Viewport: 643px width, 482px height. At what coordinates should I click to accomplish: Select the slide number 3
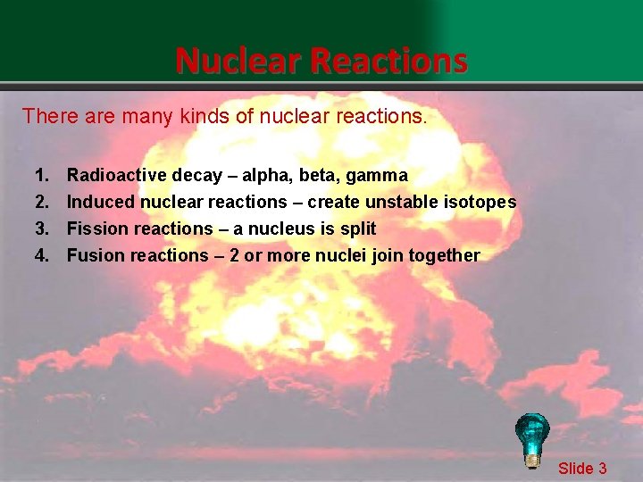click(x=603, y=468)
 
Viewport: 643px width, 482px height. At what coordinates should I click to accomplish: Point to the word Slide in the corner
click(x=576, y=468)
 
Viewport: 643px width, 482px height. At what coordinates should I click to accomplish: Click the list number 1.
click(x=41, y=175)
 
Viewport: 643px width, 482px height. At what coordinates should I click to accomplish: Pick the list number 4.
click(x=41, y=255)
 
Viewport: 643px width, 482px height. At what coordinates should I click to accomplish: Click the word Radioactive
click(x=116, y=175)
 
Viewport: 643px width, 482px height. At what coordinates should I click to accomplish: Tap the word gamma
click(x=378, y=175)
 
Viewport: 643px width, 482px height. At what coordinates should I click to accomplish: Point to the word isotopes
click(x=480, y=202)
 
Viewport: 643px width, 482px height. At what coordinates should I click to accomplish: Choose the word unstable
click(x=400, y=202)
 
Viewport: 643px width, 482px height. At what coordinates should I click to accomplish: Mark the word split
click(x=357, y=229)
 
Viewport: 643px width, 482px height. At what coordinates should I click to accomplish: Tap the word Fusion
click(x=96, y=255)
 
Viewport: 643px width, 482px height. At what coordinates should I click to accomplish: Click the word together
click(x=444, y=255)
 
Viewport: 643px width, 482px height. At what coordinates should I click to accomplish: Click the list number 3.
click(x=41, y=229)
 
